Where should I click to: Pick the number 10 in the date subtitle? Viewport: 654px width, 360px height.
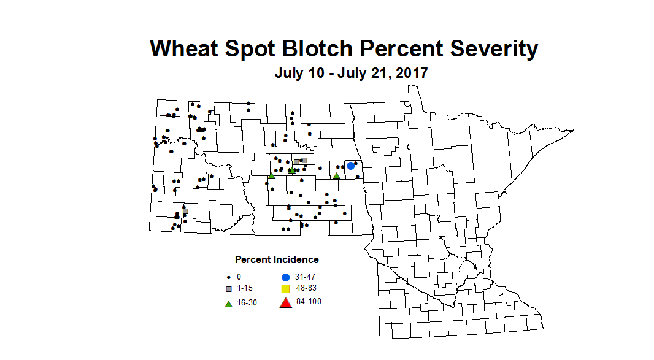(x=318, y=73)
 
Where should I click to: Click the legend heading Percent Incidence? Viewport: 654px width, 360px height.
(x=277, y=260)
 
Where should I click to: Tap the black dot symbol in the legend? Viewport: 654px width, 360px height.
(x=229, y=277)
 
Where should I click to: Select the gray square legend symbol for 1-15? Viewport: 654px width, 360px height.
(x=229, y=288)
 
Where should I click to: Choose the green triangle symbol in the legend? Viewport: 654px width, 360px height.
(x=229, y=303)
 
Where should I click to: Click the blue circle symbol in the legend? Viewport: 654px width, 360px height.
(x=285, y=277)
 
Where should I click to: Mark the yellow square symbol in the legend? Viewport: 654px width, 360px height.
(x=285, y=288)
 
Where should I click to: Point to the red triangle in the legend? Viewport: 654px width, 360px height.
(x=285, y=302)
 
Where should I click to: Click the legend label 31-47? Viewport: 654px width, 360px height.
(x=305, y=277)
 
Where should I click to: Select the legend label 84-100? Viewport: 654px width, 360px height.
(x=309, y=302)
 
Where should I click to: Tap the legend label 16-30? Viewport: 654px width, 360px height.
(x=247, y=303)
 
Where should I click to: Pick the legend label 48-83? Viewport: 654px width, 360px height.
(x=306, y=288)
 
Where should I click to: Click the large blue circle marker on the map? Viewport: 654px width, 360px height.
(x=351, y=166)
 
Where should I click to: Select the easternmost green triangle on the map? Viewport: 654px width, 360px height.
(x=336, y=176)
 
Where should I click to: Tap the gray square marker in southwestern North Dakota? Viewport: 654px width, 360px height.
(x=185, y=211)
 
